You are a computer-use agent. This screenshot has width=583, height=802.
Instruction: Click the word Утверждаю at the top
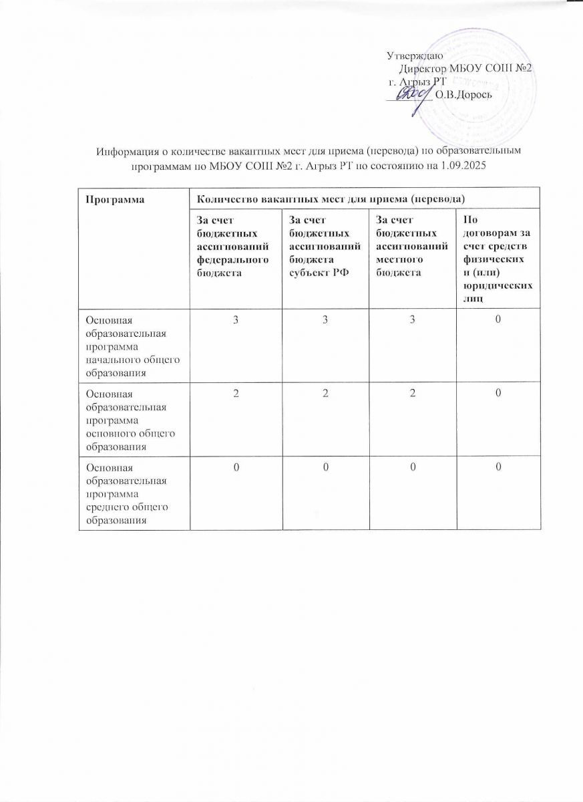tap(411, 55)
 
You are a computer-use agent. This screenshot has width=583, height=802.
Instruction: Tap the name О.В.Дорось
tap(463, 94)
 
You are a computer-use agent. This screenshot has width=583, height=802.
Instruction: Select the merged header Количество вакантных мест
tap(327, 198)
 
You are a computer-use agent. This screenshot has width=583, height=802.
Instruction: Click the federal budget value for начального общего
tap(236, 320)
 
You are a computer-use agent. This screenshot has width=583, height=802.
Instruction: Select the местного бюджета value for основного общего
tap(410, 395)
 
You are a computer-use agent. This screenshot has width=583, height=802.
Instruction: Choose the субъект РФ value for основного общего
tap(323, 395)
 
